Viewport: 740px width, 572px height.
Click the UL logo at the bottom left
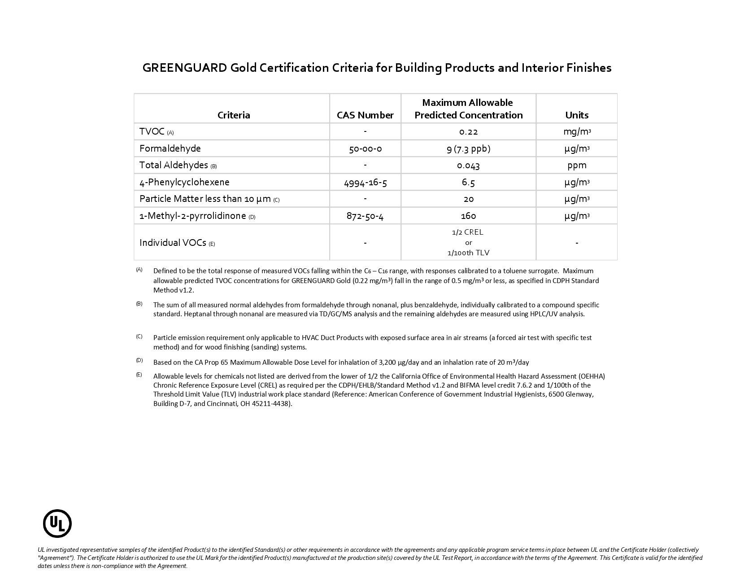point(57,523)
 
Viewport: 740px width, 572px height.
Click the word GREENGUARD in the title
point(184,68)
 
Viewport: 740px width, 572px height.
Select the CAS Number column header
point(365,115)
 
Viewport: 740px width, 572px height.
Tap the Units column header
point(577,115)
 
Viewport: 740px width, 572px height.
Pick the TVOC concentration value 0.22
point(468,132)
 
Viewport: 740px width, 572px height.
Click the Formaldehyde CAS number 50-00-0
point(365,148)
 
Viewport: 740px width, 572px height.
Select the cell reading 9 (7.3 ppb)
point(468,148)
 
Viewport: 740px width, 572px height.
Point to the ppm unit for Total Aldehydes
point(577,165)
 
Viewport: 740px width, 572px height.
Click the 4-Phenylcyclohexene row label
point(184,182)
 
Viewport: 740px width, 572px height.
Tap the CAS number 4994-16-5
point(365,182)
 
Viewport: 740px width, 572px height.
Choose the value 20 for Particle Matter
point(468,199)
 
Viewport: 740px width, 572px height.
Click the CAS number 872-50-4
point(365,216)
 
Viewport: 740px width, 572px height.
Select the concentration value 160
point(468,216)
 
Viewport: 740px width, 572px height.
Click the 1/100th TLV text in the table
point(468,253)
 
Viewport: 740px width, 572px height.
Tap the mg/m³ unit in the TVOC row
point(577,132)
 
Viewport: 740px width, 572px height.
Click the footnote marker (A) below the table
point(139,270)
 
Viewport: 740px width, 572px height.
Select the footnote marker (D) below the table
point(139,360)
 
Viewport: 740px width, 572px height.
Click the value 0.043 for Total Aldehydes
point(468,166)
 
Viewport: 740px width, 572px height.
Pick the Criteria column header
point(234,115)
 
